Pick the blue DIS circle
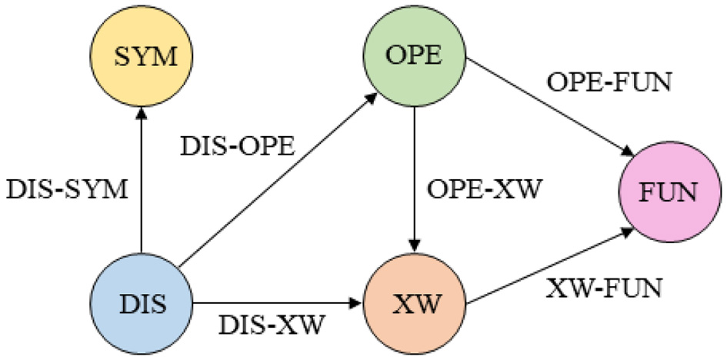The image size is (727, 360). pyautogui.click(x=142, y=300)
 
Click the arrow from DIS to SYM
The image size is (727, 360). pyautogui.click(x=142, y=185)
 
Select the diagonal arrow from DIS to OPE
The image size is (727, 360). pyautogui.click(x=277, y=181)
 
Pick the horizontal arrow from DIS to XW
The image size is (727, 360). pyautogui.click(x=277, y=301)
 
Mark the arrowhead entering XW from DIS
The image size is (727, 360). pyautogui.click(x=358, y=301)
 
